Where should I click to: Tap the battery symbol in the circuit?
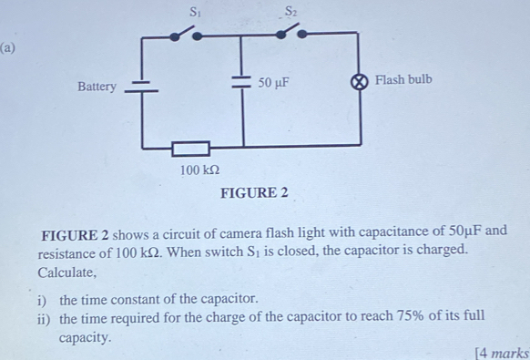pos(142,87)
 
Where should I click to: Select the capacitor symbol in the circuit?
pos(241,82)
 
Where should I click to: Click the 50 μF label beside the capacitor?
pos(273,83)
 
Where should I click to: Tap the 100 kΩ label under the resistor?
pos(199,170)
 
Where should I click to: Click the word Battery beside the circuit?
pos(97,87)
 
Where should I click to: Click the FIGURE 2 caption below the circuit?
pos(254,192)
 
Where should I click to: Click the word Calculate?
pos(66,272)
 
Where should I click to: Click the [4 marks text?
pos(502,353)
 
